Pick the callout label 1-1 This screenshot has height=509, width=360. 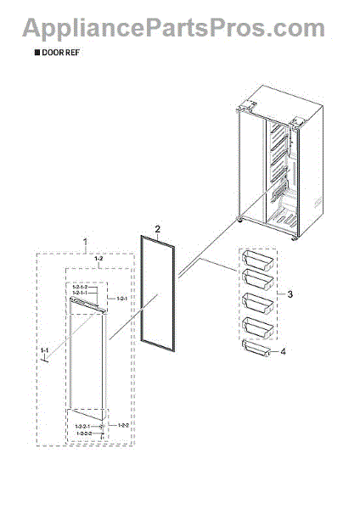[42, 349]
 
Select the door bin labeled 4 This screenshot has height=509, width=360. [258, 349]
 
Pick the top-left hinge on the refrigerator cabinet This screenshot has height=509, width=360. [247, 107]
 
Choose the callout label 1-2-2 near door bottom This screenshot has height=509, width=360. [123, 424]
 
